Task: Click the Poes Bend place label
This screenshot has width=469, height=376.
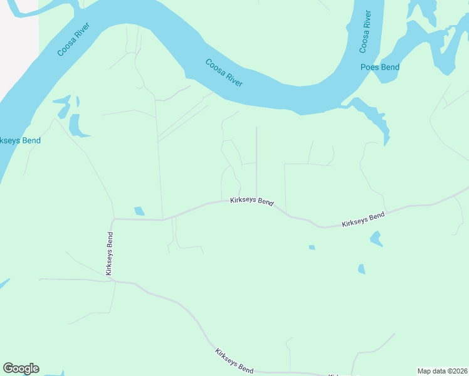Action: (x=380, y=67)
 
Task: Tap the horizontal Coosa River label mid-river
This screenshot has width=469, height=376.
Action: (x=224, y=73)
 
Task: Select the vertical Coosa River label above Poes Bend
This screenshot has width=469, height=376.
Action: (x=366, y=31)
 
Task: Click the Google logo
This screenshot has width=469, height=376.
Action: (x=21, y=368)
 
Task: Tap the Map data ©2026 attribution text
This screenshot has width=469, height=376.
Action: (x=441, y=371)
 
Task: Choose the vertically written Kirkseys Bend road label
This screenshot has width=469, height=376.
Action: (x=110, y=254)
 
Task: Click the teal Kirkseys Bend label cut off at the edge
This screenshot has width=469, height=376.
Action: (x=20, y=140)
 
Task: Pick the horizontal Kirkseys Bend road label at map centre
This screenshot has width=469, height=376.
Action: (x=251, y=202)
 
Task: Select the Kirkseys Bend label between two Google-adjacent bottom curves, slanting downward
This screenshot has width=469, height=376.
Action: (x=233, y=360)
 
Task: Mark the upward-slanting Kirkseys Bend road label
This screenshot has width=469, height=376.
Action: (x=363, y=220)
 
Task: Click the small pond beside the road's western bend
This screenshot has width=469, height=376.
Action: (x=139, y=211)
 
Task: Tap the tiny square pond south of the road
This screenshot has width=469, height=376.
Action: (x=312, y=247)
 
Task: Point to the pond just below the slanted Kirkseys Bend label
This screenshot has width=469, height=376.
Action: (x=376, y=238)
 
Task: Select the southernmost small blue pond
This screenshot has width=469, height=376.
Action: (x=361, y=269)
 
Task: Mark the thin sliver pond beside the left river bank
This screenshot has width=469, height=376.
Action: (x=78, y=102)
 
